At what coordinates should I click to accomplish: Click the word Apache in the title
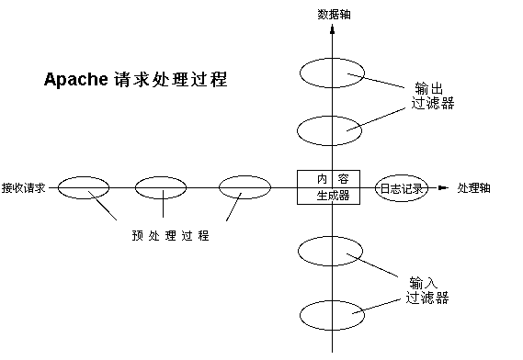tap(76, 80)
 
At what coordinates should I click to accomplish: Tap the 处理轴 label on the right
tap(473, 187)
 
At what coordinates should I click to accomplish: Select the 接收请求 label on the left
tap(24, 187)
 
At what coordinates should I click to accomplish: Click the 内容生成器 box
tap(329, 187)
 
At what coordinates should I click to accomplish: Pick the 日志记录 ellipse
tap(402, 188)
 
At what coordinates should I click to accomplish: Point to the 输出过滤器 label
tap(432, 96)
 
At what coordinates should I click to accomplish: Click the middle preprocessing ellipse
tap(161, 187)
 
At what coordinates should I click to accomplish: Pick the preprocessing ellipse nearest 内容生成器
tap(244, 187)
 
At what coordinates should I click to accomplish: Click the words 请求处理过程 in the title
tap(171, 80)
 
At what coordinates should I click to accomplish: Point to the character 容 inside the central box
tap(345, 179)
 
